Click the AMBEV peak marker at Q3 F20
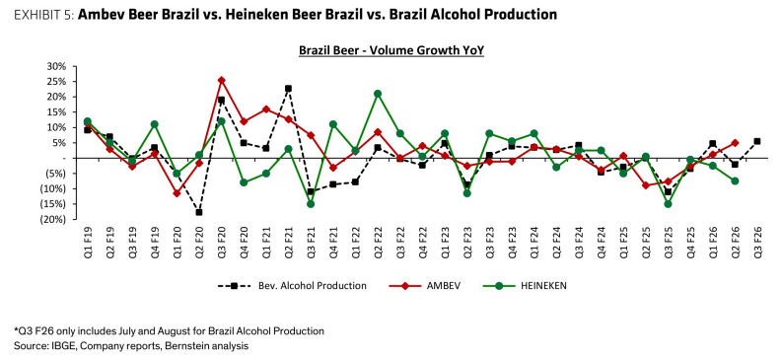tap(222, 80)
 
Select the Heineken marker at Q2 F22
tap(378, 94)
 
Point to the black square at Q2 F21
tap(288, 89)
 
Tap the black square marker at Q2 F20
tap(199, 212)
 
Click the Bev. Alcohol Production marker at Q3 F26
tap(757, 142)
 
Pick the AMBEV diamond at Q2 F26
tap(735, 143)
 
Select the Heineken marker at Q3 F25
tap(668, 204)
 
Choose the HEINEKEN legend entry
tap(526, 286)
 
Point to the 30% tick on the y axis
tap(56, 66)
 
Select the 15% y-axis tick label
tap(56, 112)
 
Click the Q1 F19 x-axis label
tap(88, 241)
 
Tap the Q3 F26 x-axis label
tap(757, 241)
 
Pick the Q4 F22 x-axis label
tap(422, 241)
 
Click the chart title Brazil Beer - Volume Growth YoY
tap(391, 51)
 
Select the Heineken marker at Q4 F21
tap(333, 124)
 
